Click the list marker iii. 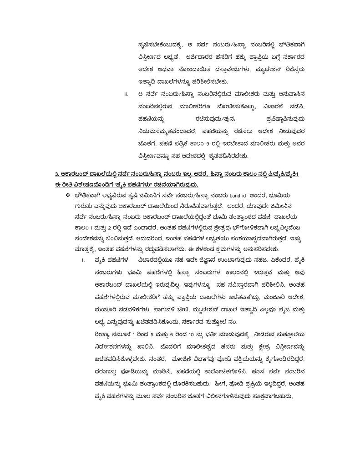126,95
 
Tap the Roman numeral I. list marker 83,261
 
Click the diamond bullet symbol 67,195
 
